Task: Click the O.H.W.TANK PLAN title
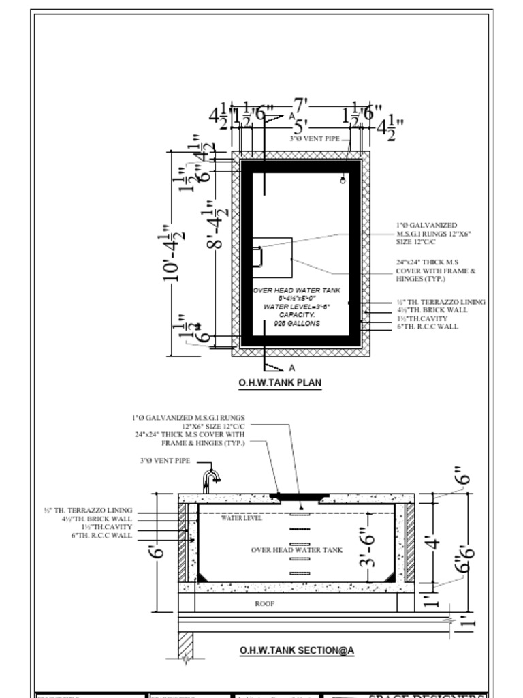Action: (280, 383)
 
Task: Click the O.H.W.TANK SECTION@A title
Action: (296, 650)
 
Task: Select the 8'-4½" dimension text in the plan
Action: (214, 225)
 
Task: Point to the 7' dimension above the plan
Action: (300, 106)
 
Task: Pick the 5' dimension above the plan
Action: (300, 127)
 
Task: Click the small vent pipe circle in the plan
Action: (343, 181)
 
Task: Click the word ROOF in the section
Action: (264, 603)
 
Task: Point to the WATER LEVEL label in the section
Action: (241, 518)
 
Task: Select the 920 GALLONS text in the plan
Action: (296, 324)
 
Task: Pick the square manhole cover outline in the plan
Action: (272, 257)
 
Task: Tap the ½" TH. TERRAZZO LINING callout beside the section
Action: (88, 511)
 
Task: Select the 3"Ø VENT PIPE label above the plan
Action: (314, 139)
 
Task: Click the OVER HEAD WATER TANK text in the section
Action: (297, 550)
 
